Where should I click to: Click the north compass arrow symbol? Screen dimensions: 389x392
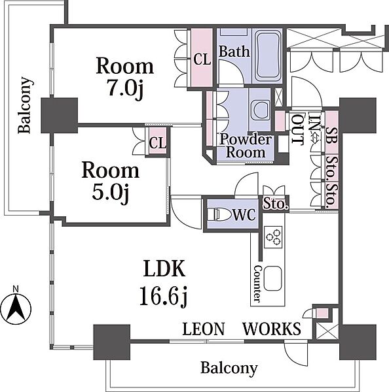[x=16, y=307]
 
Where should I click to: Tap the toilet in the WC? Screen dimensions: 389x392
[x=220, y=214]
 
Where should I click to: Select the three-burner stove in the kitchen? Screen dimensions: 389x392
[x=273, y=237]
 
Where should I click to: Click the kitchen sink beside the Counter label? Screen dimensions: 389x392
[x=272, y=278]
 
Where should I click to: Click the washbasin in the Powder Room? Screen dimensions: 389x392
[x=260, y=110]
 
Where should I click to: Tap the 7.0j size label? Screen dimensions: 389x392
[x=125, y=88]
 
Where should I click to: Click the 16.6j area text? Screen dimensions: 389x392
[x=164, y=296]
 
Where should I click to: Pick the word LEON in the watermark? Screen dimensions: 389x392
[x=204, y=329]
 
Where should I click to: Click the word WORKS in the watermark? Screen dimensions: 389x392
[x=272, y=329]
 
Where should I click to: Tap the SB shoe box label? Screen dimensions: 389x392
[x=332, y=135]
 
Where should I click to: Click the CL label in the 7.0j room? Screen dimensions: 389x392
[x=202, y=59]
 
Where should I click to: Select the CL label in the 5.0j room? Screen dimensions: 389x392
[x=157, y=143]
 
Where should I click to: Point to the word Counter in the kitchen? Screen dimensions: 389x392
[x=257, y=284]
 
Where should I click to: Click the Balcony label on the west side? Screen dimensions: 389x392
[x=25, y=105]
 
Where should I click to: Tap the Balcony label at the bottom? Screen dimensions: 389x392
[x=229, y=368]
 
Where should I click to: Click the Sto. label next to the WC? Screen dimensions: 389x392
[x=275, y=204]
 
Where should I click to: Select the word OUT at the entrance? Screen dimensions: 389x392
[x=298, y=129]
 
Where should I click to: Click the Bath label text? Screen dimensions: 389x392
[x=234, y=51]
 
